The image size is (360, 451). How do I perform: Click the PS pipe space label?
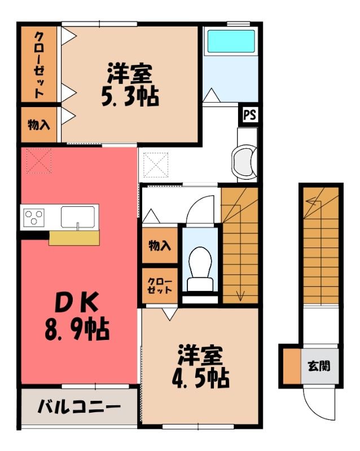click(249, 116)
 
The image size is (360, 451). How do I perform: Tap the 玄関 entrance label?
click(319, 366)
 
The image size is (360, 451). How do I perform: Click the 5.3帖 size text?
click(130, 96)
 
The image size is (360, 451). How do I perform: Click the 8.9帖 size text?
click(77, 329)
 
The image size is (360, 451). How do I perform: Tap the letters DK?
click(77, 302)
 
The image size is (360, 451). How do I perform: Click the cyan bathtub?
click(231, 41)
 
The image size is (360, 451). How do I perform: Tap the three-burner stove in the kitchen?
click(34, 218)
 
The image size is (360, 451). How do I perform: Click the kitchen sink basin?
click(78, 216)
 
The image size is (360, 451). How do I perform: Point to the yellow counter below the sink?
click(74, 237)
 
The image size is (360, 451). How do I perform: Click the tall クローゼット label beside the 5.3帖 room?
click(39, 65)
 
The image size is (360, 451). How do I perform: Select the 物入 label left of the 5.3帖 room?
click(39, 125)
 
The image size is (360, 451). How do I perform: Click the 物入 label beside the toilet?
click(160, 246)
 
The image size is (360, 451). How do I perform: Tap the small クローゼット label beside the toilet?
click(160, 285)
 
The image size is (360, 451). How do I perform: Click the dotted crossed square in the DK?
click(39, 161)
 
